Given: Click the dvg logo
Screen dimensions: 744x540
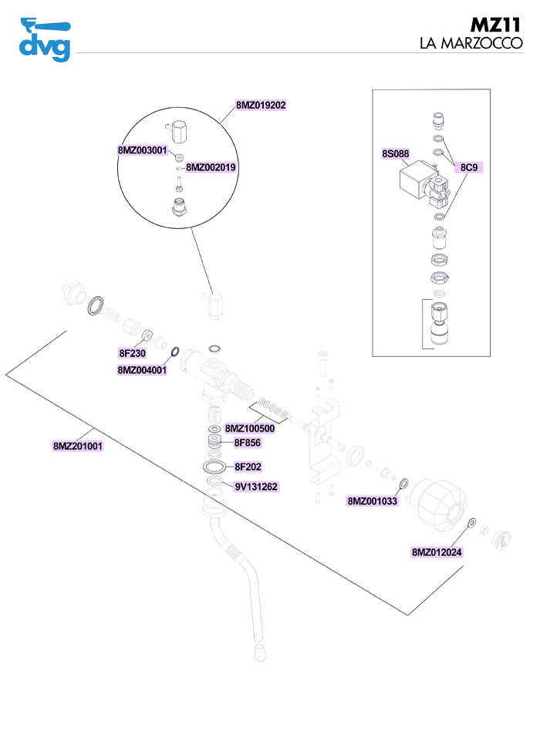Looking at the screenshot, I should (x=44, y=39).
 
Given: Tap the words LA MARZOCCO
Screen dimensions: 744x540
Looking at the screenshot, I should (x=471, y=44).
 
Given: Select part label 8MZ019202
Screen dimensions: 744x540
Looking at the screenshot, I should (x=262, y=105).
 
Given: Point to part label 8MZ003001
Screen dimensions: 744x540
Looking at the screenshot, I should (x=143, y=150).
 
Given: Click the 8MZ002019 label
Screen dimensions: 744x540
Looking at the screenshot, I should (x=211, y=167).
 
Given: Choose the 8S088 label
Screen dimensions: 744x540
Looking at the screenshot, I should (x=396, y=154).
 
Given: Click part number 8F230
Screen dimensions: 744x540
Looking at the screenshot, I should (x=133, y=353).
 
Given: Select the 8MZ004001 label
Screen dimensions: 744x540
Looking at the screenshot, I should (x=143, y=370).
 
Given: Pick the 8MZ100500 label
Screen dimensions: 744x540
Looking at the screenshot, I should (x=250, y=429).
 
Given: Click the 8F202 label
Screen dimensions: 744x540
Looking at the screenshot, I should (x=248, y=466).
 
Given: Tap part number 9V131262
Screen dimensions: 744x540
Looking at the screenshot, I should (x=256, y=486).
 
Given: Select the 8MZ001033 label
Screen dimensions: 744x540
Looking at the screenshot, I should (x=373, y=501).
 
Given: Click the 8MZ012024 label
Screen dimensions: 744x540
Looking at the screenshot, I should (x=437, y=552).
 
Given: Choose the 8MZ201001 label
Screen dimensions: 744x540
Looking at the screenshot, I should (x=78, y=446).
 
